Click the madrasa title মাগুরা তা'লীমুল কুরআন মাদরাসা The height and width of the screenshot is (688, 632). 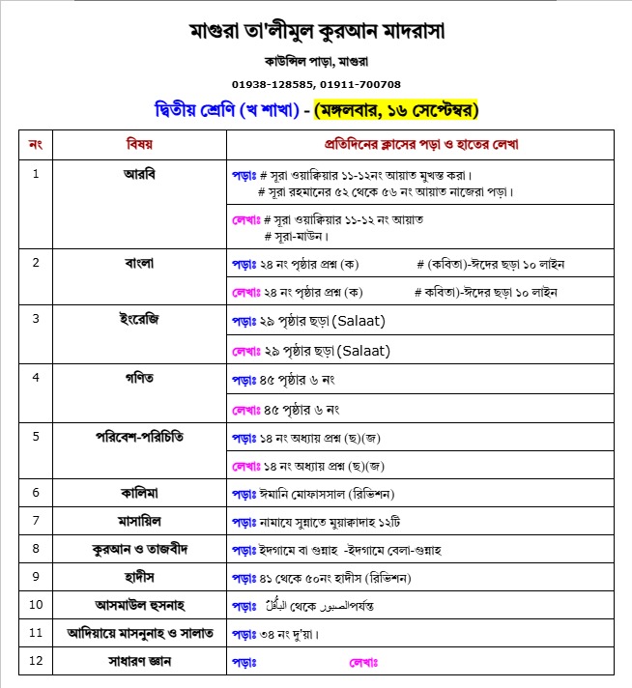(x=316, y=31)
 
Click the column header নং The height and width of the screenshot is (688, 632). (x=36, y=144)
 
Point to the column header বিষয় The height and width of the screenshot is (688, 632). (x=139, y=144)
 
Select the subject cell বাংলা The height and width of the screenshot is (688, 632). (x=139, y=262)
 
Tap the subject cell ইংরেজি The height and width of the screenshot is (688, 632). (x=139, y=318)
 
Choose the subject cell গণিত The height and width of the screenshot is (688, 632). (x=139, y=375)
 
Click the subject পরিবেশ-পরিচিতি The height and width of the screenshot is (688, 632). (x=139, y=435)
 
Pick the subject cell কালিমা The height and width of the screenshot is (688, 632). (x=139, y=493)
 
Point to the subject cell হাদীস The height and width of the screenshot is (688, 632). (x=139, y=577)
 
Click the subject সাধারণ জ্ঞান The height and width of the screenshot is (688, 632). (x=139, y=662)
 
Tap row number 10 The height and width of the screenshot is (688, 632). (x=36, y=606)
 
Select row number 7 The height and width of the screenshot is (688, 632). (x=36, y=521)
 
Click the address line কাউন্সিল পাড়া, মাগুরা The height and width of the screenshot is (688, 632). (x=316, y=63)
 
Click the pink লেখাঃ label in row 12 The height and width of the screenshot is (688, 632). (x=362, y=663)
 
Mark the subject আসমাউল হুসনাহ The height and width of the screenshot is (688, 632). (x=139, y=606)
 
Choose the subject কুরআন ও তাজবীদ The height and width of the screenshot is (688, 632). (x=139, y=549)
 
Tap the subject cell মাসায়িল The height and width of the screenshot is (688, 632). (x=139, y=521)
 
